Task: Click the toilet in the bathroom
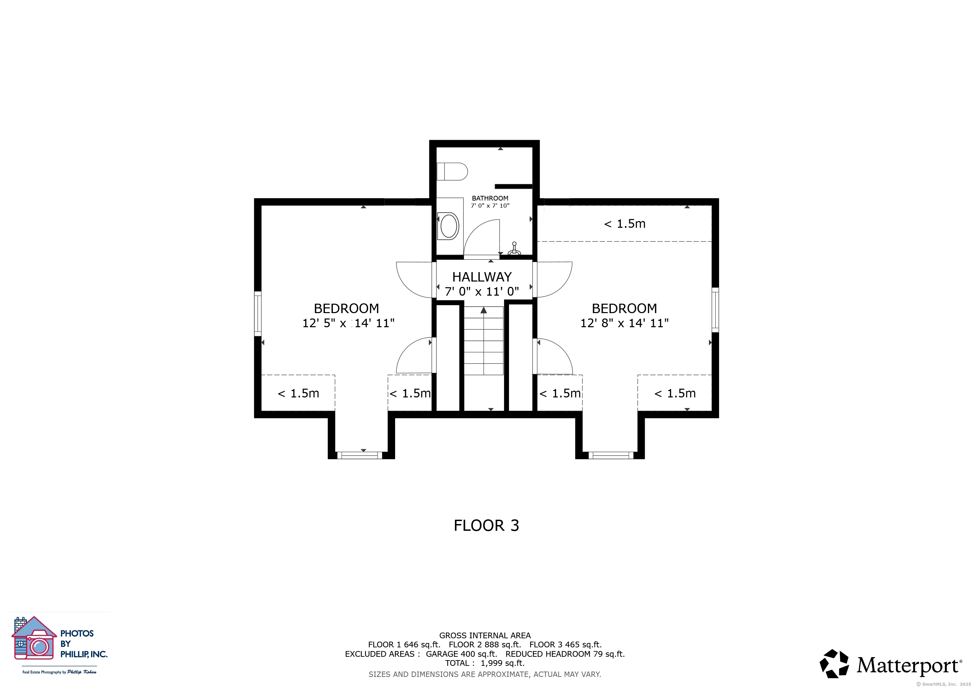[452, 172]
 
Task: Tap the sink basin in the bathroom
[449, 226]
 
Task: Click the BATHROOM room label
[490, 198]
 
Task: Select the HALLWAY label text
[482, 277]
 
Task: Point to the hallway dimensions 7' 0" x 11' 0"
[482, 292]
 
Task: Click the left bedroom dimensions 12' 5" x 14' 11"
[348, 323]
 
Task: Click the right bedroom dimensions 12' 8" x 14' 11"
[624, 323]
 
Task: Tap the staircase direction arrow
[483, 310]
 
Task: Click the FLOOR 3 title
[487, 525]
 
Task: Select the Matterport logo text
[909, 665]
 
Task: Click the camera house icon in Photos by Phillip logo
[34, 638]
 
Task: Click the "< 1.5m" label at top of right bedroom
[625, 224]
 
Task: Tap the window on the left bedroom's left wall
[258, 313]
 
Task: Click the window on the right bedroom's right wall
[715, 310]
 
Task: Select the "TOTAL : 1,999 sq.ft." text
[485, 663]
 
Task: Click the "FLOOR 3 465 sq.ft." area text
[565, 644]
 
